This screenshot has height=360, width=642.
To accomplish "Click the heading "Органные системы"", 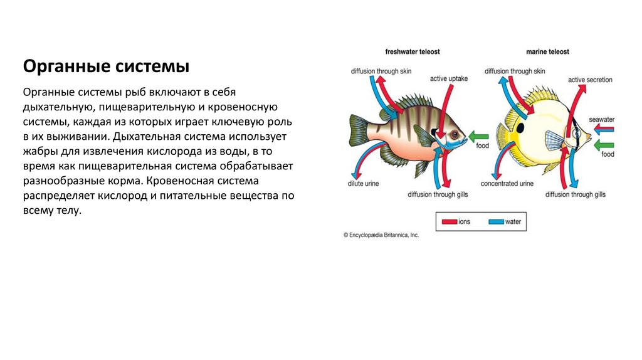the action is tap(106, 66).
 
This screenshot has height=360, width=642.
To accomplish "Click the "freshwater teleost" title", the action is tap(411, 52).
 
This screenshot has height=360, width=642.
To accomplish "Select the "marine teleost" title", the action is tap(547, 52).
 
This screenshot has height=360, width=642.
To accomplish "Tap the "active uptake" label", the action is tap(449, 79).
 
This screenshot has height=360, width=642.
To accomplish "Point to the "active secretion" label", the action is tap(590, 80).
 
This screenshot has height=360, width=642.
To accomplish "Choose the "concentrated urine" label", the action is tap(507, 184).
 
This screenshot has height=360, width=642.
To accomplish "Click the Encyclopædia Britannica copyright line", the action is tap(381, 235).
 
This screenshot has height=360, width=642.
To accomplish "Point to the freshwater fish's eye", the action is tap(453, 135).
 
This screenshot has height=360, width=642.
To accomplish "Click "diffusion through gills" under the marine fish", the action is tap(575, 195).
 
